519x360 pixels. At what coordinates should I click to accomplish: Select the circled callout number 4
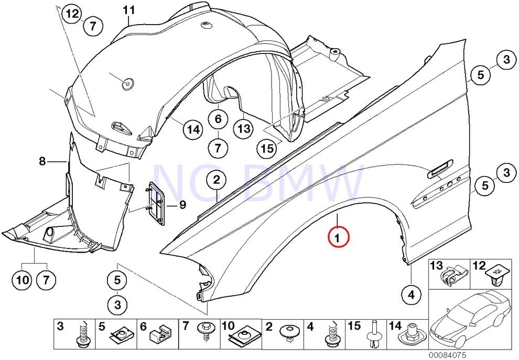pos(411,295)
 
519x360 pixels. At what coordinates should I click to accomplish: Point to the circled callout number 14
pos(193,129)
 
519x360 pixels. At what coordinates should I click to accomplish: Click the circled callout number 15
pos(267,148)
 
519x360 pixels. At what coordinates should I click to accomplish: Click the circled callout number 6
pos(218,119)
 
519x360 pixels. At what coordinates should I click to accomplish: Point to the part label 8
pos(43,162)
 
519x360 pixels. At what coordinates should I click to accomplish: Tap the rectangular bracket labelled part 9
pos(156,203)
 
